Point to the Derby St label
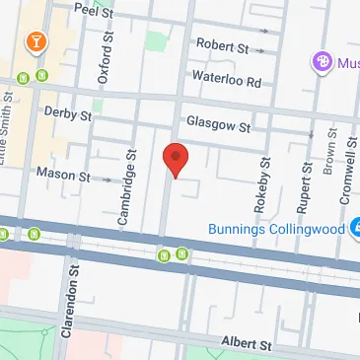pyautogui.click(x=68, y=114)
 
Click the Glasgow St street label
pyautogui.click(x=213, y=125)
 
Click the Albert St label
pyautogui.click(x=245, y=344)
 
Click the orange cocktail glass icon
pyautogui.click(x=36, y=43)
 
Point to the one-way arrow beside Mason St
pyautogui.click(x=108, y=180)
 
